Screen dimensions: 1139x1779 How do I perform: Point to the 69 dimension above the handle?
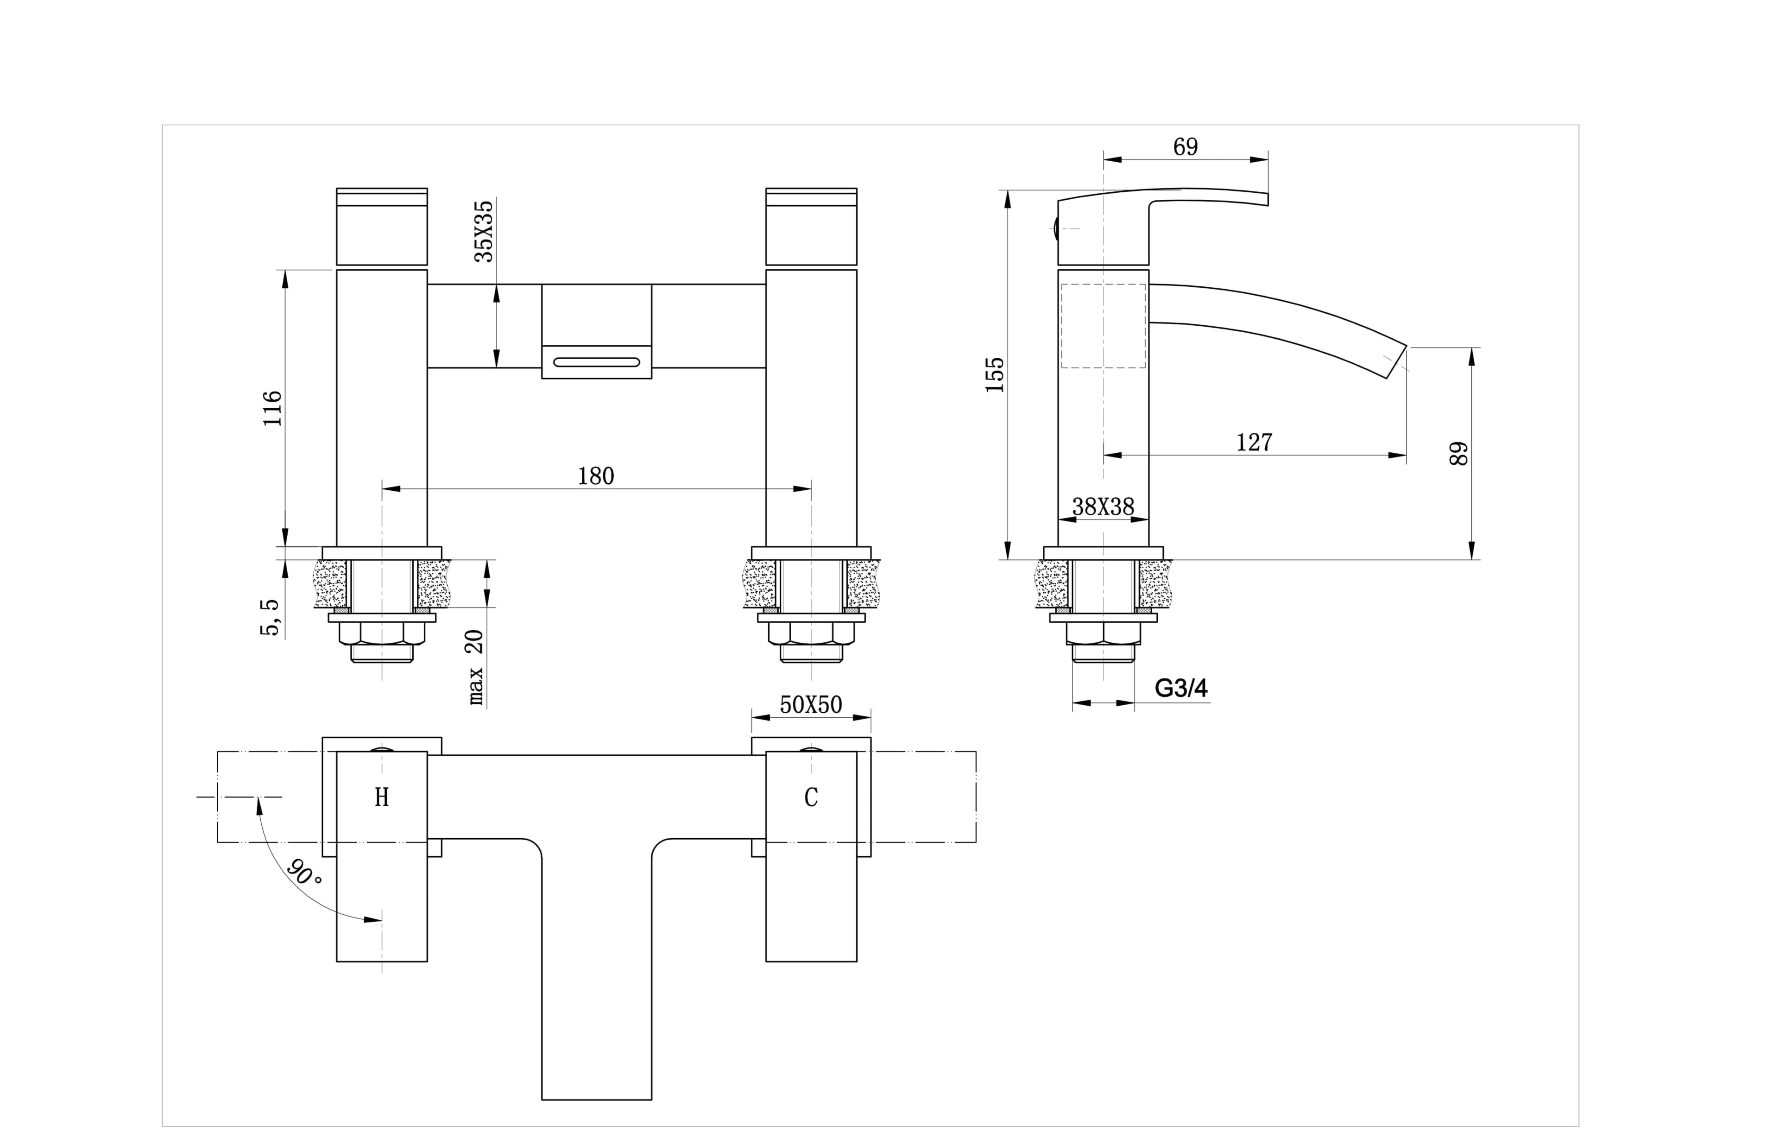click(1185, 147)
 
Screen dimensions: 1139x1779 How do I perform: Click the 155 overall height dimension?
click(995, 374)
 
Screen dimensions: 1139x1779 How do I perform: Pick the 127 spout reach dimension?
click(1254, 442)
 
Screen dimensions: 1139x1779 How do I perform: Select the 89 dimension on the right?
click(1458, 453)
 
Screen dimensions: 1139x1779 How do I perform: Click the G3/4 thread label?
click(1181, 689)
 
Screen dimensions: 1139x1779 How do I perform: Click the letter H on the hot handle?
click(382, 797)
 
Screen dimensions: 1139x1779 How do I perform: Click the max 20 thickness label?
click(475, 665)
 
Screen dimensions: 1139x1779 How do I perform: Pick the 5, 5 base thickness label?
click(271, 617)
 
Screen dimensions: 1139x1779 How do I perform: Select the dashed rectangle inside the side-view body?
click(1103, 326)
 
